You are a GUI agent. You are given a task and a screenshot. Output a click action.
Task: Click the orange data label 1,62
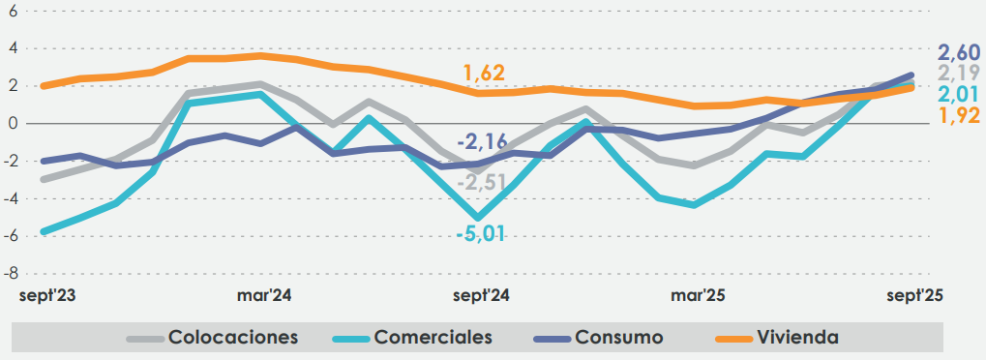click(484, 74)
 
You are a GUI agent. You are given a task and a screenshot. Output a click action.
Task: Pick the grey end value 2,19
click(958, 74)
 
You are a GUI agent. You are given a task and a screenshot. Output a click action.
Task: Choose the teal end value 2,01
click(958, 94)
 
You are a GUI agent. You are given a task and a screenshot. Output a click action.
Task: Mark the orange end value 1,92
click(958, 116)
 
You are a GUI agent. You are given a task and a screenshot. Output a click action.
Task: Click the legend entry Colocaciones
click(232, 338)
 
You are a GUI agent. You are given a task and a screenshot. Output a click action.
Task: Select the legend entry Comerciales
click(433, 338)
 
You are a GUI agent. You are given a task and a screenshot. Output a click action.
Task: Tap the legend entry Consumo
click(618, 338)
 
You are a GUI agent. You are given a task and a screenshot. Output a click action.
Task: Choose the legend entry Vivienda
click(797, 338)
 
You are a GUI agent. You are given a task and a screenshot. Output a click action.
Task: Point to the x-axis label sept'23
click(46, 295)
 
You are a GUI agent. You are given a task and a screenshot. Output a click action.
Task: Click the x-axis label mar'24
click(264, 295)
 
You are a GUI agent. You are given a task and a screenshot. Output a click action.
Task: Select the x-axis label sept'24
click(482, 295)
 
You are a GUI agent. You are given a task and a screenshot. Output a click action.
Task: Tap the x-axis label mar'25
click(700, 295)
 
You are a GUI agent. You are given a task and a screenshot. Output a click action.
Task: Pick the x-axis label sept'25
click(915, 295)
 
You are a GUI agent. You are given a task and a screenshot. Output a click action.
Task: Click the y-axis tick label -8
click(12, 274)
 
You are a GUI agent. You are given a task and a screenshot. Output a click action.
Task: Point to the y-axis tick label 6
click(14, 11)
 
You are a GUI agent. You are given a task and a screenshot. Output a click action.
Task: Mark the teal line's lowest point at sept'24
click(477, 218)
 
